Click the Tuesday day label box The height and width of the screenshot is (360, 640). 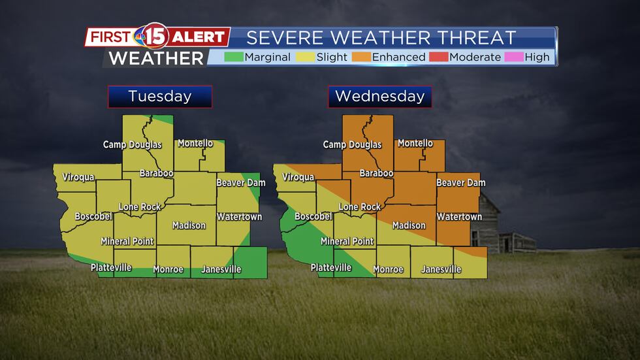point(160,97)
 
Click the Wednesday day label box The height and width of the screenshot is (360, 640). point(379,97)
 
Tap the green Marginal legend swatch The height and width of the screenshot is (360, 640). point(233,57)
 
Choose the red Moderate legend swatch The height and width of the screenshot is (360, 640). point(438,57)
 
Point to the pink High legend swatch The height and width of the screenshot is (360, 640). point(513,57)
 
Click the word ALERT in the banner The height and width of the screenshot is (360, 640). point(199,37)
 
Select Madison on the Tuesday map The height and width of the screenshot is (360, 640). point(189,225)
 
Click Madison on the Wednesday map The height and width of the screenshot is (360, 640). point(409,225)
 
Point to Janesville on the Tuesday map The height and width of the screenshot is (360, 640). point(221,269)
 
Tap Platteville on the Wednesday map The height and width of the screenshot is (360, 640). point(330,267)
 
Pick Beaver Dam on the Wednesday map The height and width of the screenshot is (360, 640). point(460,183)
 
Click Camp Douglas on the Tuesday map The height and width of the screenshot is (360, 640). point(132,144)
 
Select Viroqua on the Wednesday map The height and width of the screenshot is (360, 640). point(298,177)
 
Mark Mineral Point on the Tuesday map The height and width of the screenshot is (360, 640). point(127,241)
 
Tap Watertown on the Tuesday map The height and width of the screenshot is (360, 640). point(239,217)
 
